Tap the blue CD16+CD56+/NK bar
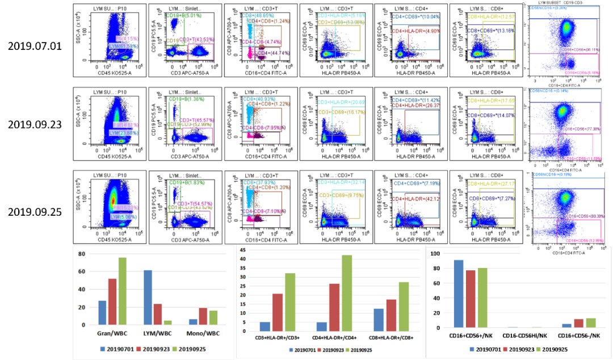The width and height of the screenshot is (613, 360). tap(459, 294)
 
